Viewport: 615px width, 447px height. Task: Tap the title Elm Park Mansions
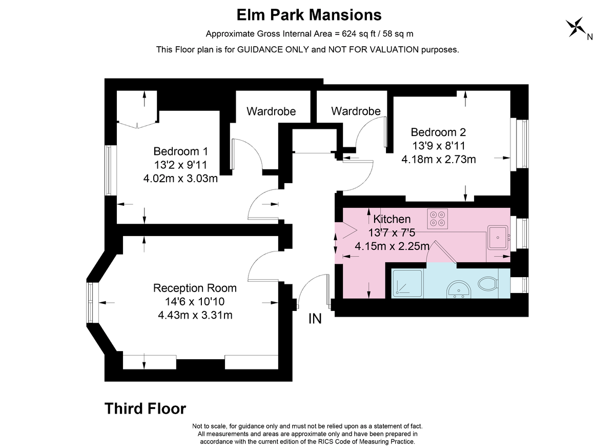(x=309, y=15)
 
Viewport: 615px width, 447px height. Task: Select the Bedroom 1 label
(x=180, y=151)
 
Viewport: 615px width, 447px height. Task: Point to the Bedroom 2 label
(x=438, y=132)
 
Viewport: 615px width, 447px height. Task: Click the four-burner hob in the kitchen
(x=437, y=219)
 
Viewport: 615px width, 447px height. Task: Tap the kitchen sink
(x=498, y=238)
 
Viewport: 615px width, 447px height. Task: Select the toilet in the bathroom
(x=488, y=283)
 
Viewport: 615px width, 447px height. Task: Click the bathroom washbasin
(x=459, y=289)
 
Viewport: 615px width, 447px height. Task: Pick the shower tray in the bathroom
(x=407, y=283)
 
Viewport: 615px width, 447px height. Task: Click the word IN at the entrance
(x=315, y=319)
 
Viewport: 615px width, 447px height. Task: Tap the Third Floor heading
(x=145, y=409)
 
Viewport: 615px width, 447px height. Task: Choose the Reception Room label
(x=195, y=288)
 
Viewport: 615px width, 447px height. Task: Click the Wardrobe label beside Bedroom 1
(x=271, y=111)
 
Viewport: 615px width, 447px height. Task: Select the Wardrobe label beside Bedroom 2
(x=356, y=111)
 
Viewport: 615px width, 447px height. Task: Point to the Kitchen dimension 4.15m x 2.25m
(x=392, y=246)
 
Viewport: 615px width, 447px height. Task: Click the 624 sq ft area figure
(x=357, y=34)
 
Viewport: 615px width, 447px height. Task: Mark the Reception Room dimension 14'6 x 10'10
(x=195, y=302)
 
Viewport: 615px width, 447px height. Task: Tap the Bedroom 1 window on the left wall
(x=111, y=170)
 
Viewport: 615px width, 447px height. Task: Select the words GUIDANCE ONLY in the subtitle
(x=273, y=50)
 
